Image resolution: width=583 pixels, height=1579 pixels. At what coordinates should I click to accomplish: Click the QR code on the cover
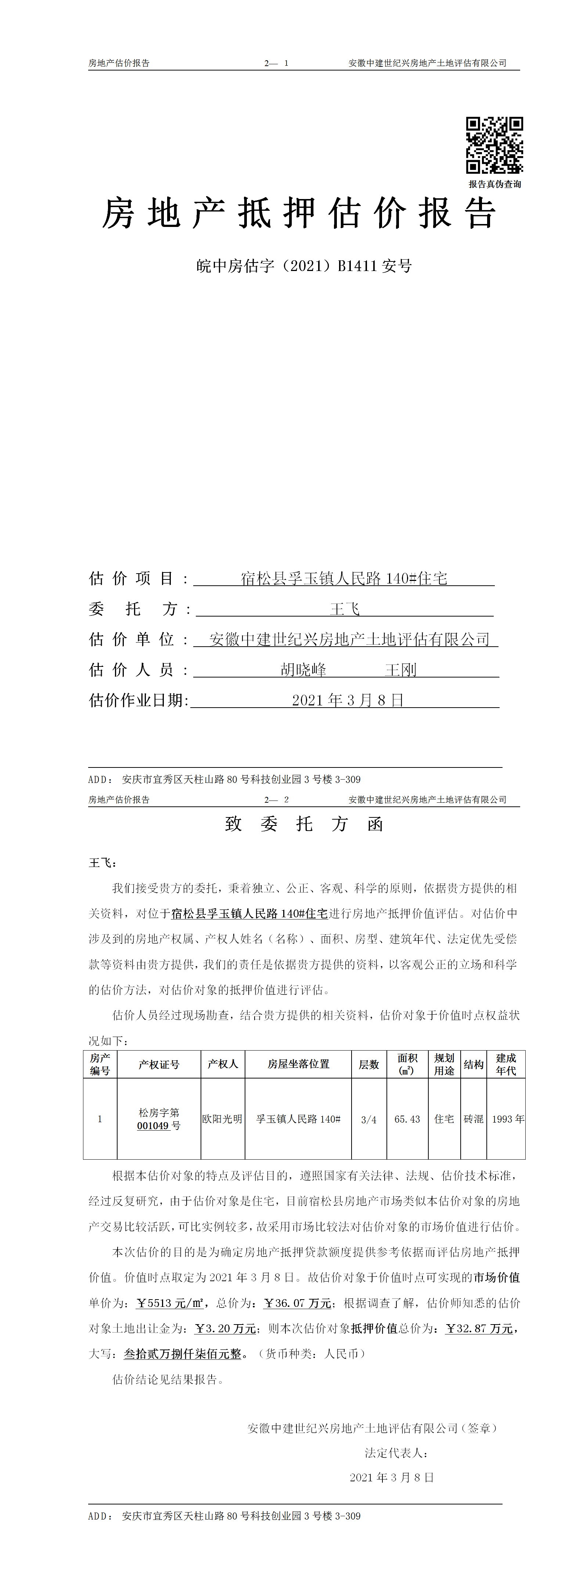pos(494,145)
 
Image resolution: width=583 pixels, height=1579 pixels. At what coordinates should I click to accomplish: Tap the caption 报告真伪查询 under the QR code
pos(495,184)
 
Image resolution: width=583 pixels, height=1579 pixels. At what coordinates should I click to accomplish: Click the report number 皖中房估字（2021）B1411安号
pos(304,266)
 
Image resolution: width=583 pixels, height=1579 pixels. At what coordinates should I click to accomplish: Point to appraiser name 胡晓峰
pos(303,669)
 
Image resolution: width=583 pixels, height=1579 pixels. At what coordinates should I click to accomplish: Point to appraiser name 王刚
pos(401,669)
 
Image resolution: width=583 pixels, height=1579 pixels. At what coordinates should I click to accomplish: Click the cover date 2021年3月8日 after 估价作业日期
pos(348,700)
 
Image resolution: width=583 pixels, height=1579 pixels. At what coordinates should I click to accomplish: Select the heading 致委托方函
pos(304,824)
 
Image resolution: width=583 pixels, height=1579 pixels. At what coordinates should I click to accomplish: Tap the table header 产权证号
pos(159,1064)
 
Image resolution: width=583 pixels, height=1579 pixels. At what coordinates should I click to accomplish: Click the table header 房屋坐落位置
pos(299,1064)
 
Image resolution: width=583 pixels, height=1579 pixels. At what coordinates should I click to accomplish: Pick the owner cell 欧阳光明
pos(223,1119)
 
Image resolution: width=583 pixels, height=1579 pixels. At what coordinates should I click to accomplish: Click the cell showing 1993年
pos(508,1119)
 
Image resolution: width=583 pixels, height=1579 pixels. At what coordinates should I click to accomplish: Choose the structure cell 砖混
pos(473,1119)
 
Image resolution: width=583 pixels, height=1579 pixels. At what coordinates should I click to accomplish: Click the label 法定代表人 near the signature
pos(395,1453)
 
